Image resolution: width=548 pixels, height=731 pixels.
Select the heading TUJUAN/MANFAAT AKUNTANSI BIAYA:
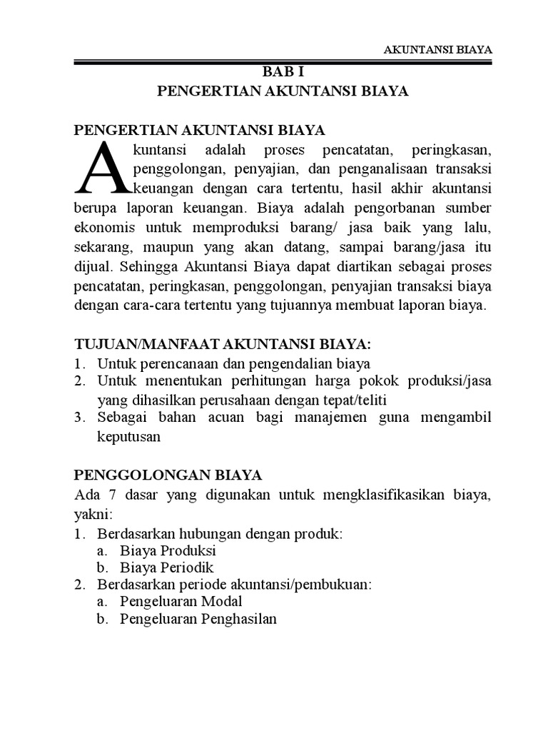[223, 345]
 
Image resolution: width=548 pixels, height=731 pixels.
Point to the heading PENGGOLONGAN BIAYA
[168, 475]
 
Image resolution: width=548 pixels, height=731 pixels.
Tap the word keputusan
[129, 437]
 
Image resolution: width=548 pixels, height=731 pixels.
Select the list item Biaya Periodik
[168, 568]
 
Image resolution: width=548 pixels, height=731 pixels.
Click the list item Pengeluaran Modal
[181, 602]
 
